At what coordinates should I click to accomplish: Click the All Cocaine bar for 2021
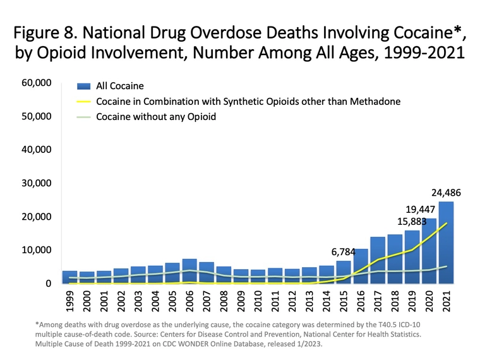(x=446, y=243)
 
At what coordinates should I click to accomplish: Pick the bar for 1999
(x=70, y=277)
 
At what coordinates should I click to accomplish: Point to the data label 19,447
(x=419, y=208)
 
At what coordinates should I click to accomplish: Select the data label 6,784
(x=344, y=251)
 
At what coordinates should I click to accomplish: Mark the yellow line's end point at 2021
(x=447, y=223)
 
